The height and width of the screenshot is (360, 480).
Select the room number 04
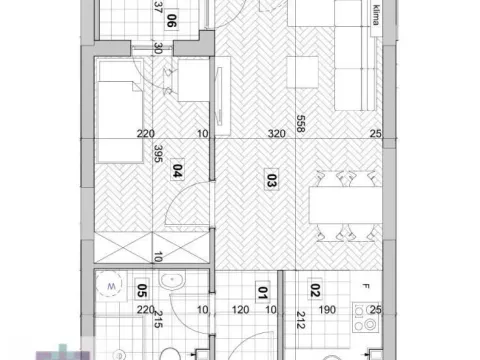click(176, 169)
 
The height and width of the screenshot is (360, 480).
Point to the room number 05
click(142, 292)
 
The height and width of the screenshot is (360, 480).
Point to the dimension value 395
click(157, 154)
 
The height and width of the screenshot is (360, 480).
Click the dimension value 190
click(326, 310)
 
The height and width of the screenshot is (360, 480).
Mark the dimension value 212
click(299, 323)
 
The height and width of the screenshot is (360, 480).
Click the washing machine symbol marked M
click(112, 285)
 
